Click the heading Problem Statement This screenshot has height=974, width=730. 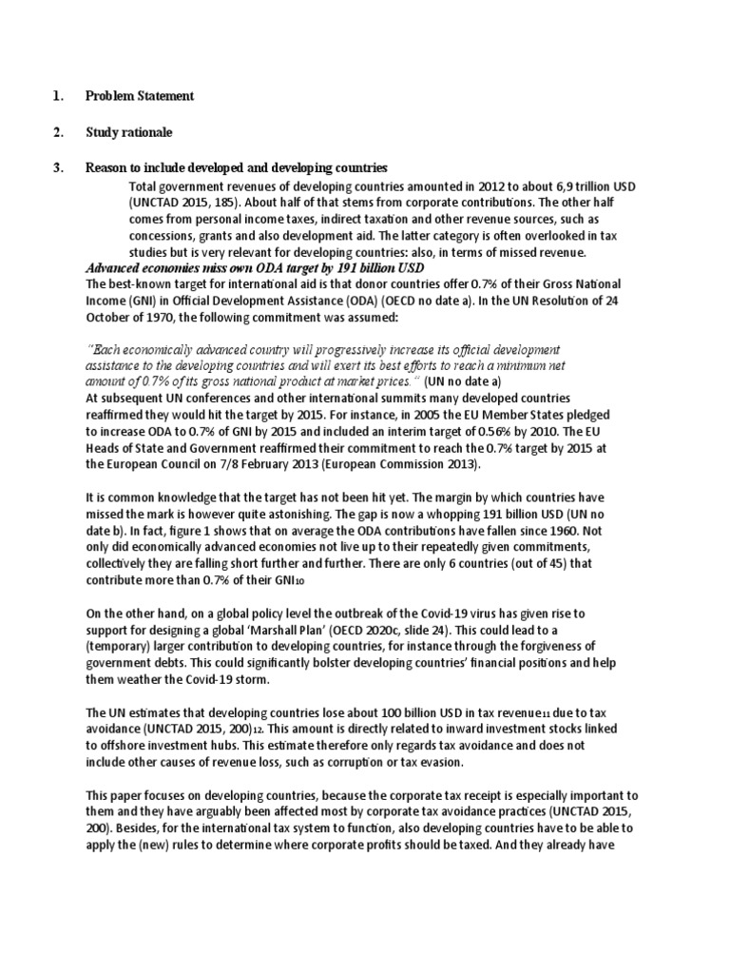139,96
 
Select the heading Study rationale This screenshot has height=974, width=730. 128,131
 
